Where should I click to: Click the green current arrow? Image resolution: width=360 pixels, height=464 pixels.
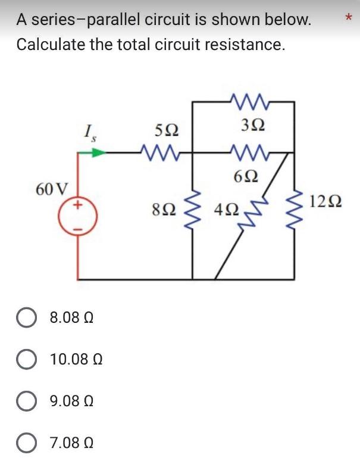point(95,152)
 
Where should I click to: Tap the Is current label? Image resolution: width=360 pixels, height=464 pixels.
point(91,130)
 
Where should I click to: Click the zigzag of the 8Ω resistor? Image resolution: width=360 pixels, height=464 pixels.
point(192,215)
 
